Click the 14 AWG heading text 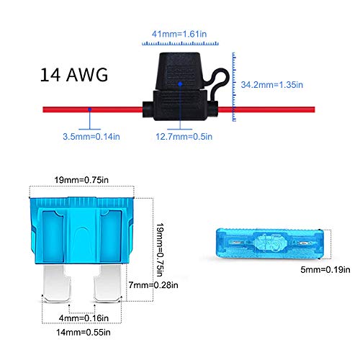click(74, 75)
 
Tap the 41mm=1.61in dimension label click(179, 34)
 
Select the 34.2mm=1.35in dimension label click(272, 85)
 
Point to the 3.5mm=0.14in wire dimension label click(91, 137)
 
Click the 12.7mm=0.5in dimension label click(184, 137)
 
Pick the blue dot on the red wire click(89, 109)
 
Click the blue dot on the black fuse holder click(180, 84)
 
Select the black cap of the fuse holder click(180, 71)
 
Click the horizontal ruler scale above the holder click(180, 43)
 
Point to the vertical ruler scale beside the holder click(234, 86)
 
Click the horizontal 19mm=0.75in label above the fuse click(81, 180)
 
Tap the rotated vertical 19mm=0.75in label click(160, 250)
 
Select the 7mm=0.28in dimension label click(153, 285)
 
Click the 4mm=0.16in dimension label click(84, 318)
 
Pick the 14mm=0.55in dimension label click(84, 332)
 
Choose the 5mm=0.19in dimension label click(325, 269)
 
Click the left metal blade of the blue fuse click(56, 283)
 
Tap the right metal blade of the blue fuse click(107, 283)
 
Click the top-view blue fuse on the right click(270, 244)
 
